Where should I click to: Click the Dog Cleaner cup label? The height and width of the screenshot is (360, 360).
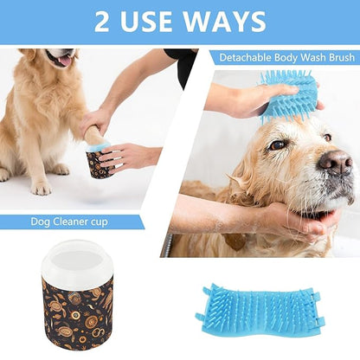point(70,222)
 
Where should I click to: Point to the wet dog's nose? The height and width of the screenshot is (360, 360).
point(337,161)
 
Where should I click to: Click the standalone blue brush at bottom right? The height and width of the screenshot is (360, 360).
point(260,312)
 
